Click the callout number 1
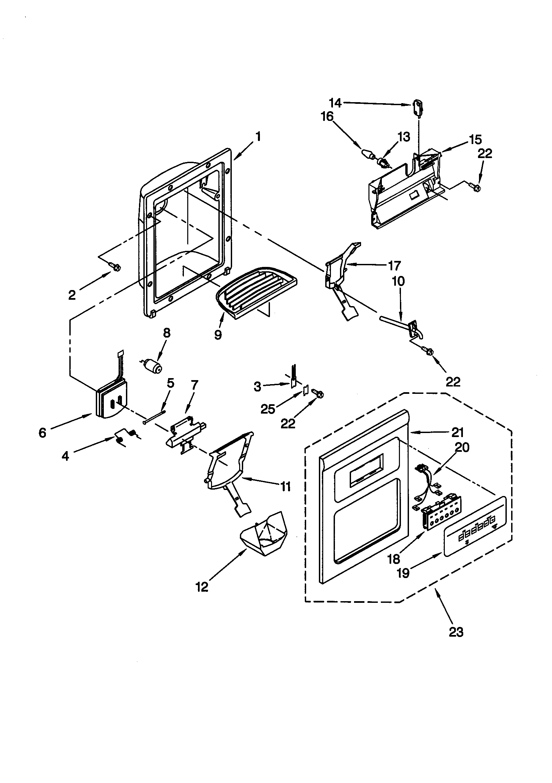click(258, 137)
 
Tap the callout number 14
click(335, 103)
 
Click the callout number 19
click(404, 573)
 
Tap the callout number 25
click(268, 409)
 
